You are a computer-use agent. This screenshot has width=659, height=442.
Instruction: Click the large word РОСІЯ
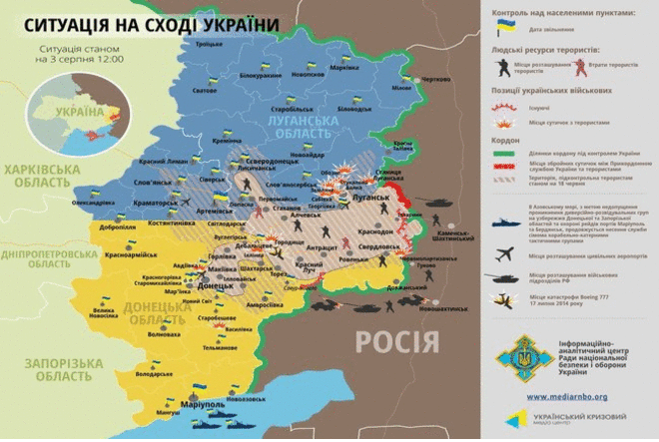pyautogui.click(x=397, y=342)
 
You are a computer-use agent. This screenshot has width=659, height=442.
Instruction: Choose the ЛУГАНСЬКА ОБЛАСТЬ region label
pyautogui.click(x=300, y=125)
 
